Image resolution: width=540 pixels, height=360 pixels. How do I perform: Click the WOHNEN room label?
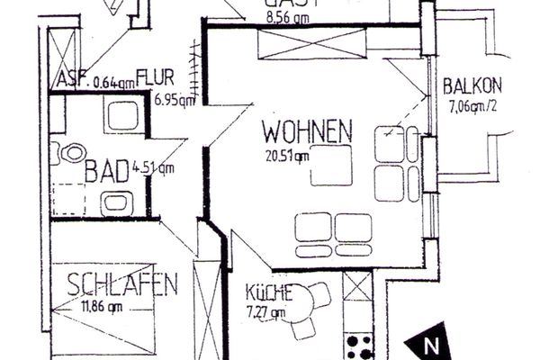[306, 133]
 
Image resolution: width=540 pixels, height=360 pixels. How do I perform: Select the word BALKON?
[472, 88]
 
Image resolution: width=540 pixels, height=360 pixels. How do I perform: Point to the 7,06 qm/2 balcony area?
[473, 109]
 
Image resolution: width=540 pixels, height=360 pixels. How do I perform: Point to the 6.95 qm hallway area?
[173, 100]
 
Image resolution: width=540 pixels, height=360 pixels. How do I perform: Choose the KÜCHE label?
[267, 292]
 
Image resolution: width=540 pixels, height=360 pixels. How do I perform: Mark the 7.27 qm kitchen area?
[265, 313]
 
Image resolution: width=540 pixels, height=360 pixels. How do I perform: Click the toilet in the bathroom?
[66, 154]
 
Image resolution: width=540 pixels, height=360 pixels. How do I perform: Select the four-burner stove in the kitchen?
[360, 346]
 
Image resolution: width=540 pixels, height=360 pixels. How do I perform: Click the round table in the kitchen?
[315, 296]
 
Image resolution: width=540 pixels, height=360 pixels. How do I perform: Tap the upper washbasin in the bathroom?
[118, 116]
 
